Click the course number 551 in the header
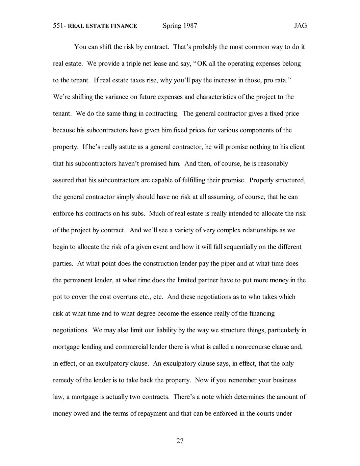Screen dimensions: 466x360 [58, 26]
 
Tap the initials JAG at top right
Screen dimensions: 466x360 [300, 26]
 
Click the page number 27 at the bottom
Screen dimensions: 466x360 [180, 441]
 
